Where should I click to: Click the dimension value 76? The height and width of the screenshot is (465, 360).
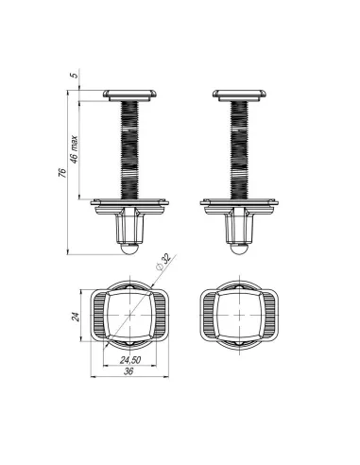tap(63, 173)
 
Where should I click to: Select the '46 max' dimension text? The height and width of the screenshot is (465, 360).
tap(74, 149)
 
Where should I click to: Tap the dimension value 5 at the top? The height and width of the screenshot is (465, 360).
tap(74, 76)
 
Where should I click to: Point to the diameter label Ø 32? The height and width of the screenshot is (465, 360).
tap(163, 262)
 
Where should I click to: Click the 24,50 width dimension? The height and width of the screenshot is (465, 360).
tap(130, 360)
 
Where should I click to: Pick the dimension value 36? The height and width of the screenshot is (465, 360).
tap(129, 371)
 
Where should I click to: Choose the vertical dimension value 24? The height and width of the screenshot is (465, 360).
tap(75, 317)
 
